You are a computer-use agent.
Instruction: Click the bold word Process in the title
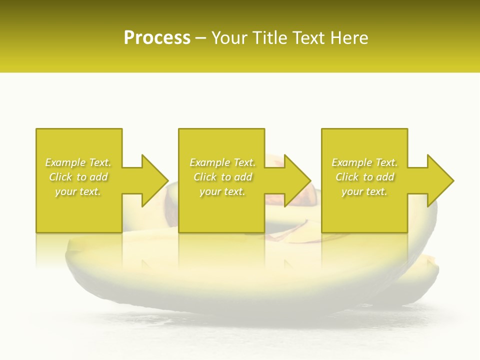click(157, 38)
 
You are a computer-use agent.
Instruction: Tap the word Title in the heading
click(268, 38)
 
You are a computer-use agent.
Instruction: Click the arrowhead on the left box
click(154, 180)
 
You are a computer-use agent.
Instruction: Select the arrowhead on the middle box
click(297, 180)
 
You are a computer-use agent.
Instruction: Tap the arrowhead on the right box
click(440, 180)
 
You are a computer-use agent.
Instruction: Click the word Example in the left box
click(65, 162)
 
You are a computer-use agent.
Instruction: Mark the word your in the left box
click(65, 191)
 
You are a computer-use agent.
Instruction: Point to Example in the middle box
click(209, 162)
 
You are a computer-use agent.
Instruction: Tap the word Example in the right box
click(351, 162)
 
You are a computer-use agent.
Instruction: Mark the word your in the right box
click(352, 191)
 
